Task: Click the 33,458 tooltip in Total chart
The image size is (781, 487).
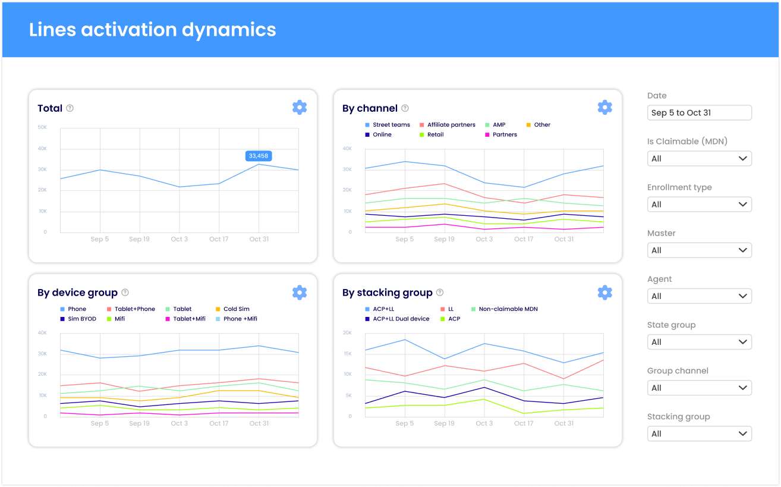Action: click(x=258, y=156)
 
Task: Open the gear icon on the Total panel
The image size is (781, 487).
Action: click(x=300, y=108)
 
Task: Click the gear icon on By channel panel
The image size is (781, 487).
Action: click(x=604, y=108)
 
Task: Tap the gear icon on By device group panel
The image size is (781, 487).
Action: click(x=300, y=292)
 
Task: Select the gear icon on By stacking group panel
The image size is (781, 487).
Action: click(x=604, y=292)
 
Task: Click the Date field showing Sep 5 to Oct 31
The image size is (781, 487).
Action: click(x=699, y=112)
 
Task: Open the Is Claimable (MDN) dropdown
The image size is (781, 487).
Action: click(x=699, y=159)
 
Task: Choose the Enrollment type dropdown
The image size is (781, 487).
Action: click(x=699, y=205)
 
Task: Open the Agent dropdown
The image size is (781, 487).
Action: click(x=699, y=296)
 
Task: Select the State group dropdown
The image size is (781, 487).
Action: click(x=699, y=342)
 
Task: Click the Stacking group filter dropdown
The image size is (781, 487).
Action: click(x=699, y=433)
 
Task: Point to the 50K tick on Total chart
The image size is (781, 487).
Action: click(x=42, y=127)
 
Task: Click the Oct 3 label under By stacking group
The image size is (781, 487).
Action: click(x=484, y=423)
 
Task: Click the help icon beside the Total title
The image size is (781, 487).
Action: click(x=70, y=108)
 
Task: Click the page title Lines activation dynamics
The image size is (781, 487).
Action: click(x=153, y=30)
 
